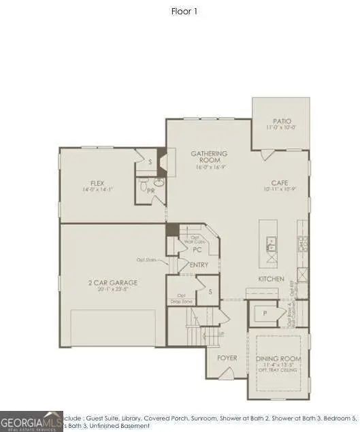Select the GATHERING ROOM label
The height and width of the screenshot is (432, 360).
pos(209,157)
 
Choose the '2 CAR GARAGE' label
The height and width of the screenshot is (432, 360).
pos(114,282)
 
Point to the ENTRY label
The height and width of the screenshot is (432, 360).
pos(199,265)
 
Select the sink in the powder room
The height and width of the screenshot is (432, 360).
pos(159,182)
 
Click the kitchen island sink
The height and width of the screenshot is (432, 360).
pos(270,241)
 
